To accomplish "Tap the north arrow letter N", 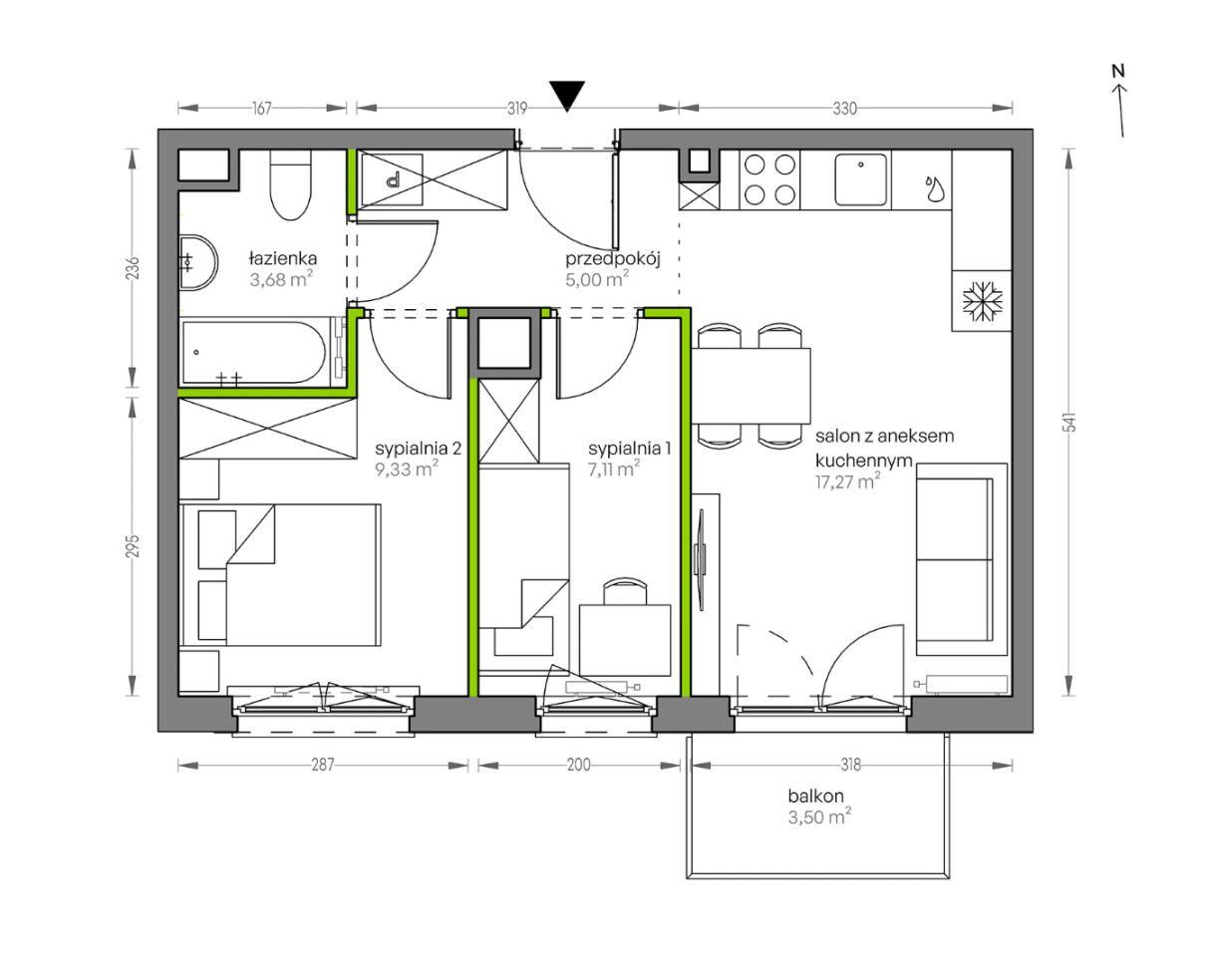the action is click(1118, 72).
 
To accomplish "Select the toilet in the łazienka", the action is click(290, 184).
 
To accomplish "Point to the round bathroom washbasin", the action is click(197, 263).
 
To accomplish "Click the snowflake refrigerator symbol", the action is click(983, 301).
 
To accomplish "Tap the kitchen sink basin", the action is click(860, 179).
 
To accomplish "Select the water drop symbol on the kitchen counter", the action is click(935, 188).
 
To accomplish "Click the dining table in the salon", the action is click(752, 386).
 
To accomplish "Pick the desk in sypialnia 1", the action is click(625, 640).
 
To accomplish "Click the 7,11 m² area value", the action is click(614, 469).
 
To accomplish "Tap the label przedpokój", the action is click(612, 259).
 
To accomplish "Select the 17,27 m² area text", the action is click(848, 481).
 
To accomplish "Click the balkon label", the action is click(815, 797).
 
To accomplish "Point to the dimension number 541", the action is click(1070, 422).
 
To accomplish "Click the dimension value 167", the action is click(262, 108).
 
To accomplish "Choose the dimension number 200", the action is click(579, 765).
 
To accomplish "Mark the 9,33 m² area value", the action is click(407, 470).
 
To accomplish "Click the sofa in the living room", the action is click(961, 559).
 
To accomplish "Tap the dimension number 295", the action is click(134, 546).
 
